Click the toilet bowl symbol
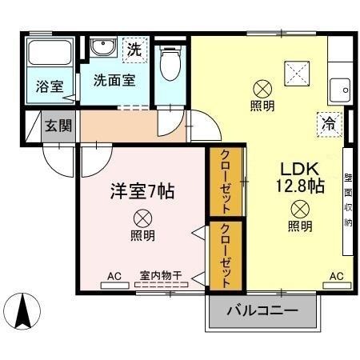click(x=170, y=63)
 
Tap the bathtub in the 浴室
click(x=50, y=53)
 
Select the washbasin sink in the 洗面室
click(x=103, y=46)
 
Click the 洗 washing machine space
click(x=135, y=50)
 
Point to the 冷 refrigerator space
click(x=330, y=125)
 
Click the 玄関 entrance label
click(x=58, y=126)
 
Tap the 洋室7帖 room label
click(x=142, y=192)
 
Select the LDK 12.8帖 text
click(x=300, y=178)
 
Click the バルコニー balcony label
click(x=262, y=310)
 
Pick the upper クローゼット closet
click(x=226, y=182)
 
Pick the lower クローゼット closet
click(x=226, y=256)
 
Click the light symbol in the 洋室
click(x=142, y=218)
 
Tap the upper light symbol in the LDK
click(x=262, y=89)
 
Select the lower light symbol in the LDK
click(x=300, y=209)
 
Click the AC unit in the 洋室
click(x=115, y=286)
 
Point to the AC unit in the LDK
click(x=337, y=286)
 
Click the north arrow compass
click(x=22, y=311)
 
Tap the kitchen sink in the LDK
click(x=340, y=90)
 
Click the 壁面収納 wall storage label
click(x=348, y=200)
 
